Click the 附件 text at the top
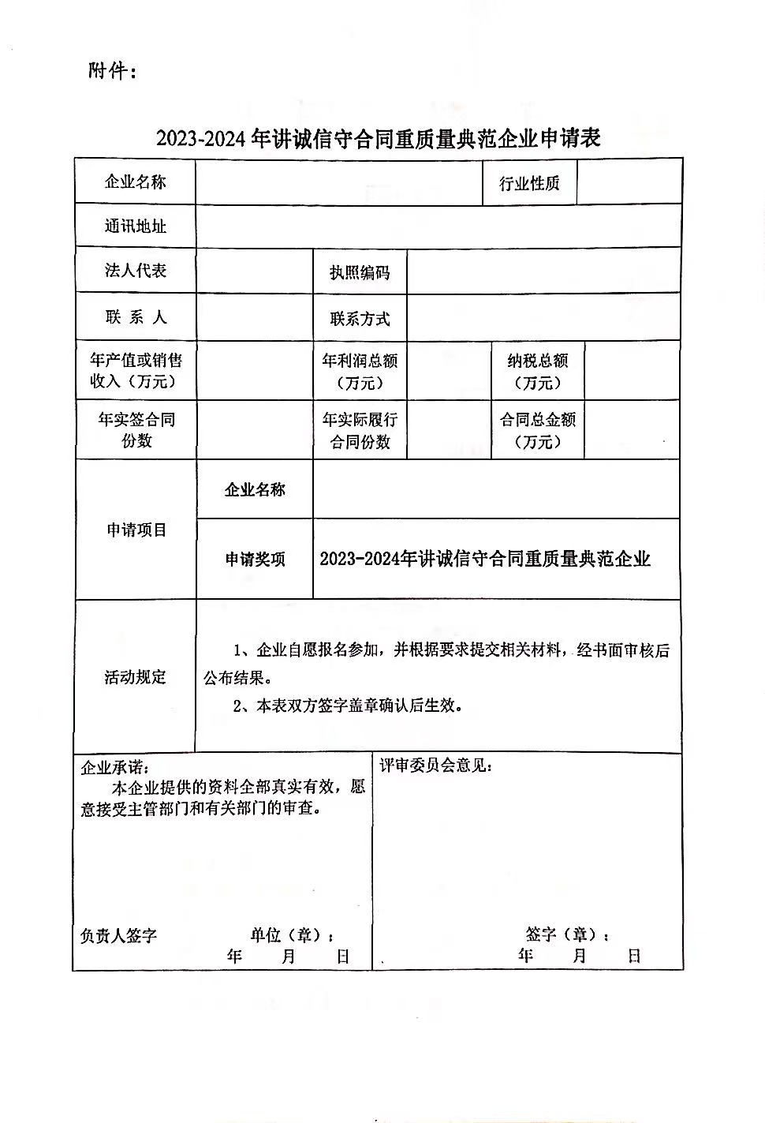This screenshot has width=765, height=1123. pos(113,71)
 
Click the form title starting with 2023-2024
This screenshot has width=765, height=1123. pos(378,139)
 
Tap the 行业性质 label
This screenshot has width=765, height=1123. pos(529,184)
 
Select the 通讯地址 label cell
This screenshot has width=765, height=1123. pos(136,226)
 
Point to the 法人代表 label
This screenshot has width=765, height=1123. pos(136,271)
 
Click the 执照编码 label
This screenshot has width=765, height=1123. pos(360,273)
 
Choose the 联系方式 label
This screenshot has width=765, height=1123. pos(360,319)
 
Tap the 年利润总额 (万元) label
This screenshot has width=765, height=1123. pos(360,372)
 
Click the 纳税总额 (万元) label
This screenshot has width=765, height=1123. pos(538,372)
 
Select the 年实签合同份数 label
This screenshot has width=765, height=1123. pos(136,430)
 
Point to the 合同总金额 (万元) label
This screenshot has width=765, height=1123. pos(538,431)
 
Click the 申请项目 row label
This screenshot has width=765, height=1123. pos(136,530)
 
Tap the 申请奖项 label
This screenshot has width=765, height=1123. pos(255,560)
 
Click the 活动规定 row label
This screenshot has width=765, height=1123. pos(136,677)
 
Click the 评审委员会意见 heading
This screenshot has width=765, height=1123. pos(436,766)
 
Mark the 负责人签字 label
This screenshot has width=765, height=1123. pos(118,936)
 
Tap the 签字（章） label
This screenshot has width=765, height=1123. pos(566,935)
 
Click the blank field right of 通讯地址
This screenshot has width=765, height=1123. pos(438,226)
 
